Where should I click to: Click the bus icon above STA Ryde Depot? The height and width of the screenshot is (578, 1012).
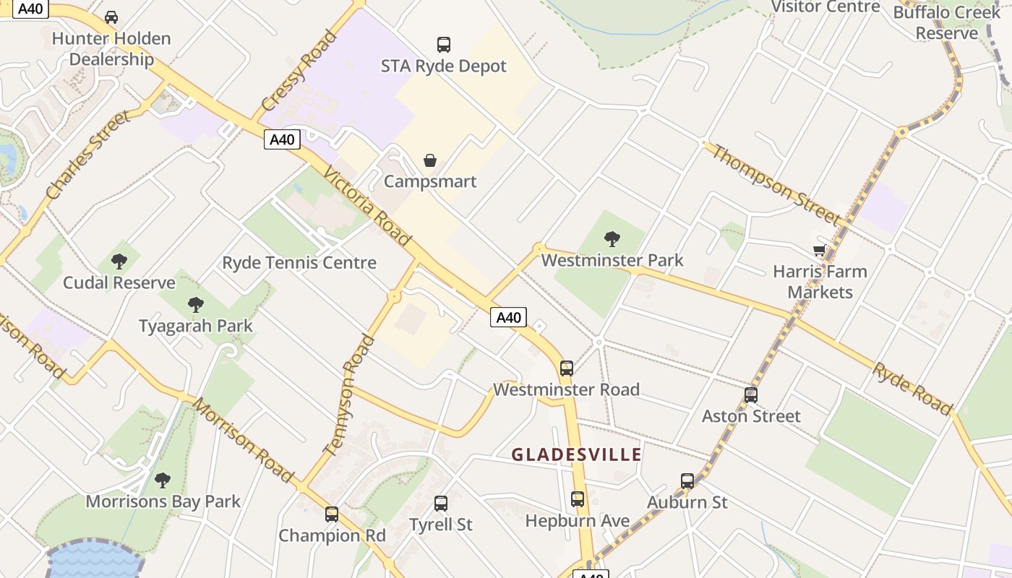tap(444, 44)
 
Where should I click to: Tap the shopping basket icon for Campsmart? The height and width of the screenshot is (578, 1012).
tap(430, 160)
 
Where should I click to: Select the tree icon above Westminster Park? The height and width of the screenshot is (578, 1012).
tap(612, 238)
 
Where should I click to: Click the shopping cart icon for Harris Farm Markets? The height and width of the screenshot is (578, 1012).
tap(819, 250)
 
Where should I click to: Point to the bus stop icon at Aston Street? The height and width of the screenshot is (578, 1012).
tap(751, 395)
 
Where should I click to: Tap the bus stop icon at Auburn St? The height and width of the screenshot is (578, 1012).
tap(687, 480)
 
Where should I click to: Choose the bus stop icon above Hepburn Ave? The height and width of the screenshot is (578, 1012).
tap(578, 499)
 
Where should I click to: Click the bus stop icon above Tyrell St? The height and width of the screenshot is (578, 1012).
tap(441, 504)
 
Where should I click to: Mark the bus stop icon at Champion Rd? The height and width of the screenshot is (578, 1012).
tap(332, 514)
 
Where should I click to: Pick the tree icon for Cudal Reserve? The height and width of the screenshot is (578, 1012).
tap(119, 261)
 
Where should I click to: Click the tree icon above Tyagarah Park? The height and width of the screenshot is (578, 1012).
tap(195, 304)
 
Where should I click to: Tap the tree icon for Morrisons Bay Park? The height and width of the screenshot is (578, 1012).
tap(163, 480)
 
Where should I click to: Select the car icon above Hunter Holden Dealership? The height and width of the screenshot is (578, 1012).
tap(111, 17)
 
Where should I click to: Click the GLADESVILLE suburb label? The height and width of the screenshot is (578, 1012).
tap(577, 454)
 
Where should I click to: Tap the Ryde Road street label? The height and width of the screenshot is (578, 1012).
tap(912, 389)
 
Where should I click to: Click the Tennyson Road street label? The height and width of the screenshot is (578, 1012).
tap(348, 394)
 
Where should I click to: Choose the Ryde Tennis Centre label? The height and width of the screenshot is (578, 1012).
tap(299, 262)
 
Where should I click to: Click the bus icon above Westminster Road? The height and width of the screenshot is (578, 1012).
tap(567, 368)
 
